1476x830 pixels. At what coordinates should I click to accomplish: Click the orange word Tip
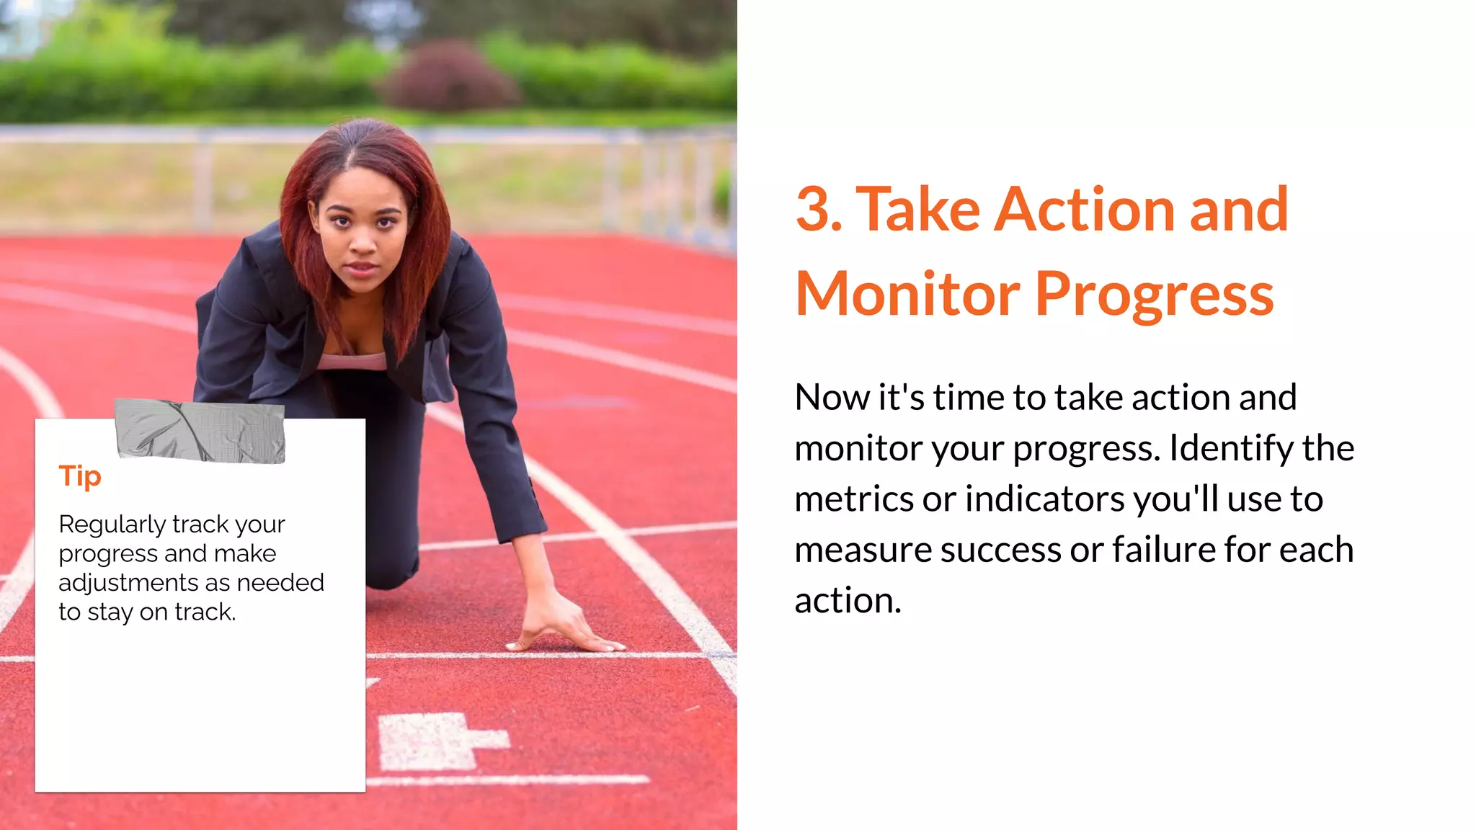[x=80, y=477]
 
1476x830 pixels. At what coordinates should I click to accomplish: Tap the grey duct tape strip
[x=200, y=431]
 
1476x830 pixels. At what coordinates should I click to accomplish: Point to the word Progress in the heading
[x=1155, y=295]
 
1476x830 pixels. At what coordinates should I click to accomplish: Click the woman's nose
[x=363, y=244]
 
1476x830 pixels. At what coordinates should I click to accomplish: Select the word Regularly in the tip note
[x=113, y=525]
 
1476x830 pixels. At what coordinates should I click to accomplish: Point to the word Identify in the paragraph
[x=1232, y=448]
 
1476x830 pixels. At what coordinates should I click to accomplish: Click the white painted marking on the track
[x=440, y=740]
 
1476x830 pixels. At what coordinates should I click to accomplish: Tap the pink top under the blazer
[x=353, y=360]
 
